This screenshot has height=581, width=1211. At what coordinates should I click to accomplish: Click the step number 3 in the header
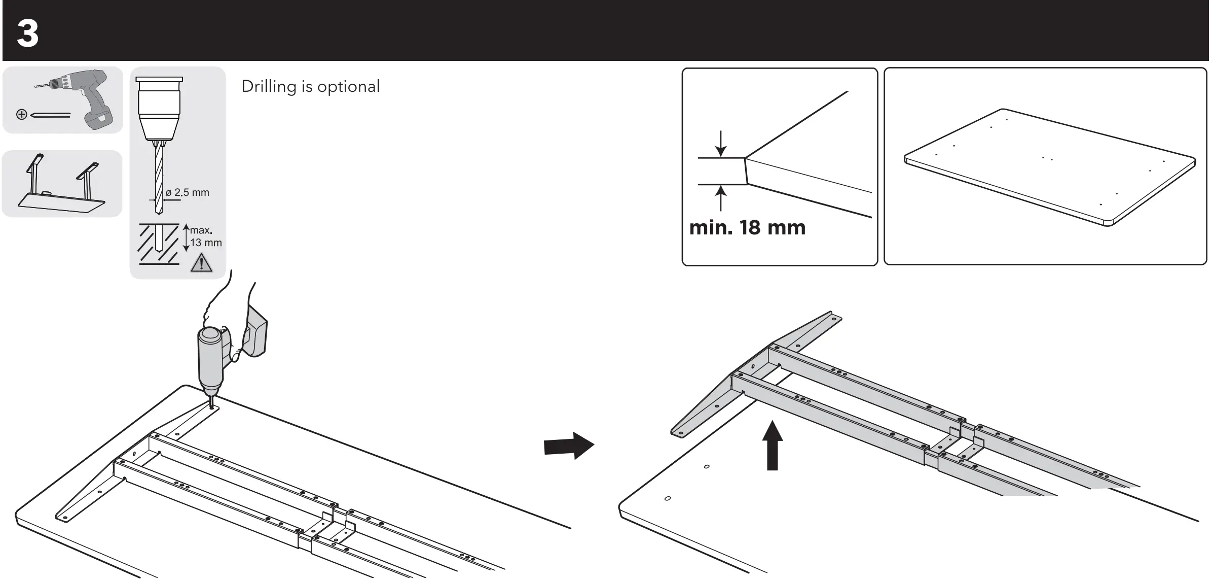[x=28, y=33]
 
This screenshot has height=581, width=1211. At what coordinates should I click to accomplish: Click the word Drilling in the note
[x=268, y=87]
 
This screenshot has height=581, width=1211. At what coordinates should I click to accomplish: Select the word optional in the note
[x=348, y=87]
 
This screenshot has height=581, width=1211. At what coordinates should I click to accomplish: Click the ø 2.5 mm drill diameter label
[x=187, y=193]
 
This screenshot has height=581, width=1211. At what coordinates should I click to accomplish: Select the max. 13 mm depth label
[x=205, y=237]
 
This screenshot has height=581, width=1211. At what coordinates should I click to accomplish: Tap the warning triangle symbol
[x=201, y=263]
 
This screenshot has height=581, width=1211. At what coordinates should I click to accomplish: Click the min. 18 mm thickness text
[x=747, y=228]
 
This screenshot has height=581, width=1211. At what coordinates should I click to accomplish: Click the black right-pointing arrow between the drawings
[x=568, y=446]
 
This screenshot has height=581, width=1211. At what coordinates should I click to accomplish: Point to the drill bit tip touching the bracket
[x=211, y=405]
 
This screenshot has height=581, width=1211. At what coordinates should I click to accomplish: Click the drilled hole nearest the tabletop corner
[x=668, y=498]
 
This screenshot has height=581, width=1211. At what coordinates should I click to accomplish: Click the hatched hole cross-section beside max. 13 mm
[x=159, y=244]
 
